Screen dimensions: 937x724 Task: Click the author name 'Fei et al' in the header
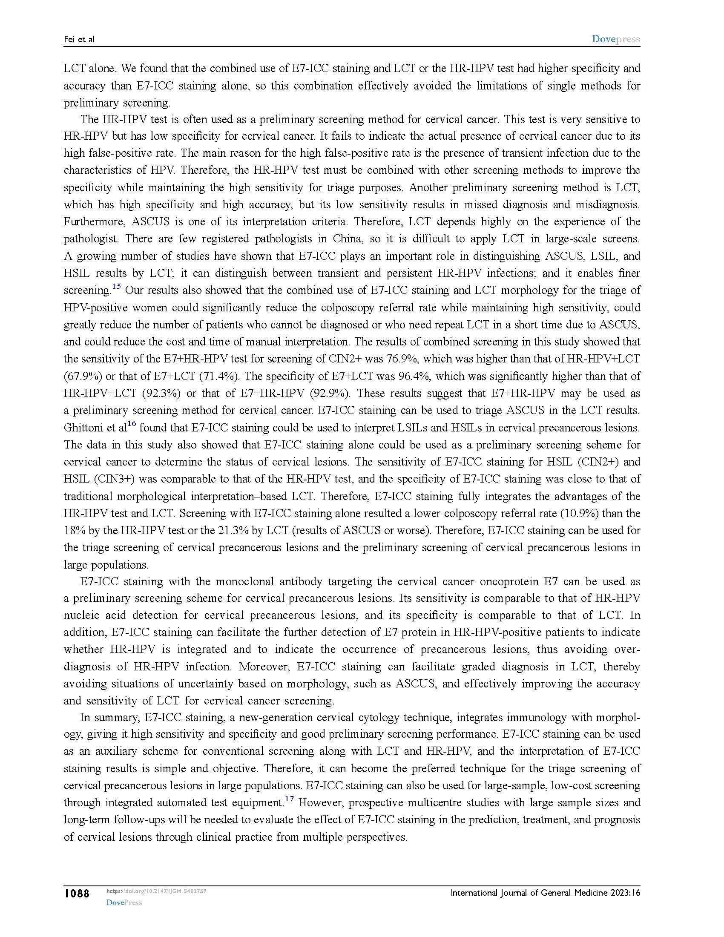point(79,40)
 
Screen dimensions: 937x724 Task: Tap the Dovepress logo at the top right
point(615,39)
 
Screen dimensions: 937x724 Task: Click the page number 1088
point(77,894)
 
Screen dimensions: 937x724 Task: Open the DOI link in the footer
point(156,891)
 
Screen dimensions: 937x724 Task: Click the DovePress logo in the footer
point(124,902)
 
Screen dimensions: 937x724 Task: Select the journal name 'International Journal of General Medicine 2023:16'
point(545,893)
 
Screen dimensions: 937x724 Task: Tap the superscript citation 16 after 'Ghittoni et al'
point(132,424)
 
